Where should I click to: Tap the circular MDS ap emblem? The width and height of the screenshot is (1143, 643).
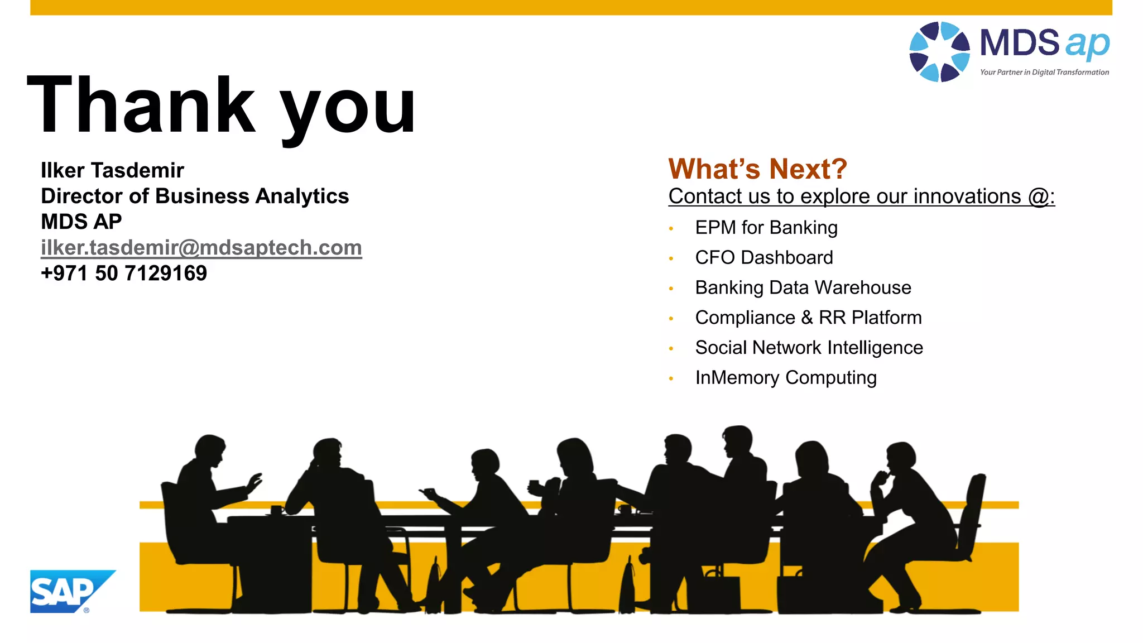[939, 52]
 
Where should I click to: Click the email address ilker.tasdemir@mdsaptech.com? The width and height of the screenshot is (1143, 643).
[201, 247]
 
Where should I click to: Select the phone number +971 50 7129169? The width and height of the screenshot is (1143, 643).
[124, 273]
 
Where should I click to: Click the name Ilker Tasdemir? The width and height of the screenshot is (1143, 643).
[112, 170]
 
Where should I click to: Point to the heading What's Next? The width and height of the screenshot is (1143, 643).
[757, 169]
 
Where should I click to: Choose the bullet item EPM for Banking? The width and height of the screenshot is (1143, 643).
[766, 228]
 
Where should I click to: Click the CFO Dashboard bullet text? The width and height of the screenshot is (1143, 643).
[763, 258]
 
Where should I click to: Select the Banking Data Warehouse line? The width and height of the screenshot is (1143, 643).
[803, 288]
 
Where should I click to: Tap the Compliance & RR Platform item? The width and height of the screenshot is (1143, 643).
[808, 318]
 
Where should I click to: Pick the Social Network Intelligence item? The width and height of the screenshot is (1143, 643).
[809, 348]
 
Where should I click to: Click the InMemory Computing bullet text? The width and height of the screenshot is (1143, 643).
[785, 378]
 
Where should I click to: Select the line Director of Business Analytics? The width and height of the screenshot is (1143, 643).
[195, 196]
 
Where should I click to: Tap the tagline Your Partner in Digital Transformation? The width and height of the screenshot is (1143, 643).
[1044, 72]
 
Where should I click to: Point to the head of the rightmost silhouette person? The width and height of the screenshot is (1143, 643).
[900, 458]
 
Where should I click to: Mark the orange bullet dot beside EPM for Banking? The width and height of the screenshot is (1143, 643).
[671, 228]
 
